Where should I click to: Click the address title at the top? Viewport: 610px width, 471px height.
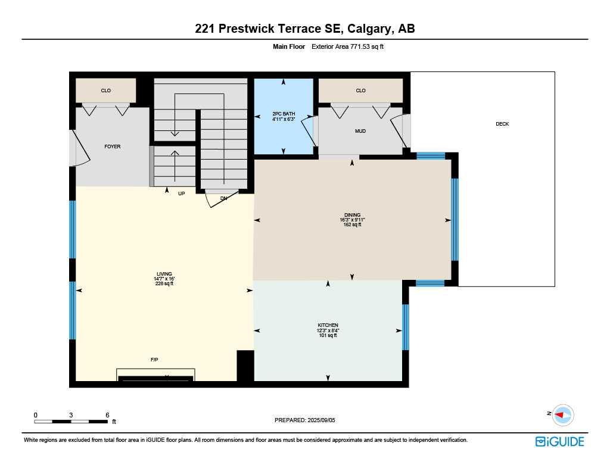pos(304,29)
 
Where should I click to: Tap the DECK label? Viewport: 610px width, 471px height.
pos(502,124)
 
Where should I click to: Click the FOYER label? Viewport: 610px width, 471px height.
pos(113,146)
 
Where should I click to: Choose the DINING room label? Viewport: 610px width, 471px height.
pos(352,215)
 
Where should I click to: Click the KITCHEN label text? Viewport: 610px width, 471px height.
pos(328,325)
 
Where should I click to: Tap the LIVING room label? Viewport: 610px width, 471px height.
pos(164,275)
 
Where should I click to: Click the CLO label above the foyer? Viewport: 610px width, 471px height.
pos(105,91)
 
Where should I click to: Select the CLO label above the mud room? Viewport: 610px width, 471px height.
pos(360,91)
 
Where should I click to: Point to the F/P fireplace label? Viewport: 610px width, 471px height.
pos(154,360)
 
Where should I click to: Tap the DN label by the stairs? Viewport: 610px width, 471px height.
pos(223,198)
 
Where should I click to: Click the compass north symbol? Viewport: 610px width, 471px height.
pos(562,414)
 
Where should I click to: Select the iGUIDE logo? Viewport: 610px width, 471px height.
pos(559,441)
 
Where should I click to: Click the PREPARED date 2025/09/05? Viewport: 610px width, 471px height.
pos(305,420)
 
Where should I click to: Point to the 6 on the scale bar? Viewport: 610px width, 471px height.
pos(107,414)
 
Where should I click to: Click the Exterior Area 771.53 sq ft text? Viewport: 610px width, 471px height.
pos(348,46)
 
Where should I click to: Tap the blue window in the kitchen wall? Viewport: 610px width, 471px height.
pos(406,327)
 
